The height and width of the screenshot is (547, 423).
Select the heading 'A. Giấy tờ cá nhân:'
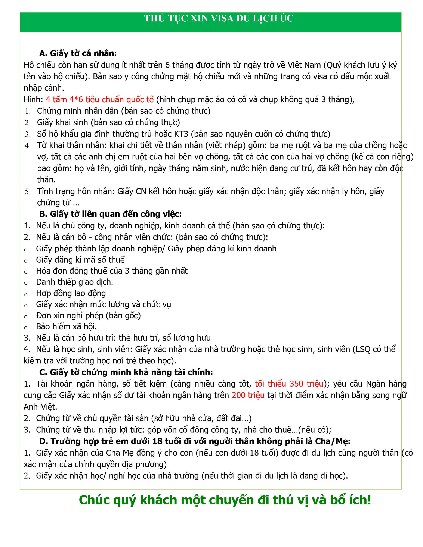78,54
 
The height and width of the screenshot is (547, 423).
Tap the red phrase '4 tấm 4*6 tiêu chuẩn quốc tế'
99,100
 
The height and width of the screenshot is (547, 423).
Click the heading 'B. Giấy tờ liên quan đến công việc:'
110,214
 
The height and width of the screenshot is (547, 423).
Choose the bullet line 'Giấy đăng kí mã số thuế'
80,260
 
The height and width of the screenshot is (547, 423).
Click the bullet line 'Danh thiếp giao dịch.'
74,282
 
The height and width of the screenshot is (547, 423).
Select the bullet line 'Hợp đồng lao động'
71,293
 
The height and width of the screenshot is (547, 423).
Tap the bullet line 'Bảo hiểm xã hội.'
66,326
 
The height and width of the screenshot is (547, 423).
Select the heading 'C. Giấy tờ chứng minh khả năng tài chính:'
126,372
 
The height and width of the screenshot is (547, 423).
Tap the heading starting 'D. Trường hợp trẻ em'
195,441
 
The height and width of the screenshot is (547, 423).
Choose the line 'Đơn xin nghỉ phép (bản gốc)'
88,316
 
